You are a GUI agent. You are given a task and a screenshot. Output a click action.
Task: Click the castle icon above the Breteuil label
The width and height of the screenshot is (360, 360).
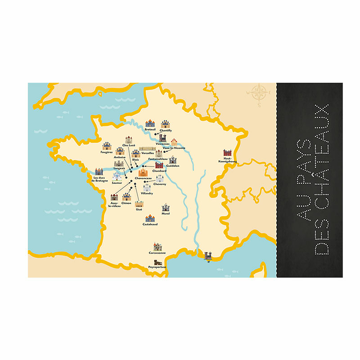pyautogui.click(x=150, y=124)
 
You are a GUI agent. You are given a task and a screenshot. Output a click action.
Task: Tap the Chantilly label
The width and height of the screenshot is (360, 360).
pyautogui.click(x=166, y=131)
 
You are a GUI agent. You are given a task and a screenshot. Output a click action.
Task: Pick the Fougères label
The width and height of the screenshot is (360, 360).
pyautogui.click(x=106, y=152)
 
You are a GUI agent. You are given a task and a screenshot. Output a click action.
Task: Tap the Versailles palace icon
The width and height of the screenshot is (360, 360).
pyautogui.click(x=147, y=148)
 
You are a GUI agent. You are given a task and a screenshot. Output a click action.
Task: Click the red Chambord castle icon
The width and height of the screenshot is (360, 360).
pyautogui.click(x=159, y=166)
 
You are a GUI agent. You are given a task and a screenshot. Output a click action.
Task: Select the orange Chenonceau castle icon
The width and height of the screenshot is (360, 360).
pyautogui.click(x=143, y=173)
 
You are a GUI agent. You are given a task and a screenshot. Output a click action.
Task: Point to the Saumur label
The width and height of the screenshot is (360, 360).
pyautogui.click(x=117, y=182)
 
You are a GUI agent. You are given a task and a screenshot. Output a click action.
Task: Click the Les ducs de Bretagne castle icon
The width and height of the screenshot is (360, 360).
pyautogui.click(x=99, y=172)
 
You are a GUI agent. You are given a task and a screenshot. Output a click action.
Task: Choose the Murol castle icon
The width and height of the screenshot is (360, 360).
pyautogui.click(x=166, y=208)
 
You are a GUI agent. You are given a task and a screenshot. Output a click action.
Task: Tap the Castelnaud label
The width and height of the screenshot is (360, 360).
pyautogui.click(x=150, y=224)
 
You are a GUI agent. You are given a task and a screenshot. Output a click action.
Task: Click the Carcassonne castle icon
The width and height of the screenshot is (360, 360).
pyautogui.click(x=157, y=246)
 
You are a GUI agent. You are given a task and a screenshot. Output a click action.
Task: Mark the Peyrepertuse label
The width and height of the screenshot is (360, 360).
pyautogui.click(x=157, y=267)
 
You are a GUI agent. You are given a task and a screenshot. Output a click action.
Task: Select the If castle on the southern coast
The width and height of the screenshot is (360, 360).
pyautogui.click(x=209, y=256)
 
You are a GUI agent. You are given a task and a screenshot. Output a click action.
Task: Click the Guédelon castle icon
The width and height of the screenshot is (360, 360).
pyautogui.click(x=172, y=160)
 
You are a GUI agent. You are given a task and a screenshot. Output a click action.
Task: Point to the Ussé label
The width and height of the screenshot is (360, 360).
pyautogui.click(x=139, y=209)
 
